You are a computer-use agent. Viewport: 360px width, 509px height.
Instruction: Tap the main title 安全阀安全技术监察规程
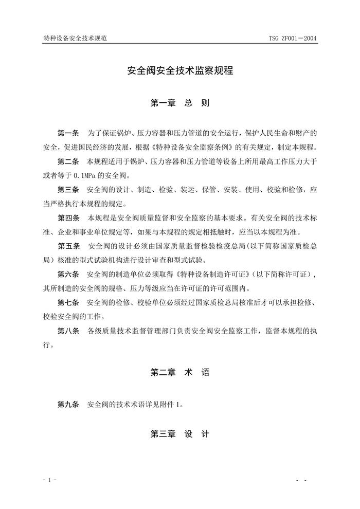(180, 71)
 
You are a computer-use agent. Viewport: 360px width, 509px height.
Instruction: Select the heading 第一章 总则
(180, 103)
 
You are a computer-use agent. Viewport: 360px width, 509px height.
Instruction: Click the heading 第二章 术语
(180, 373)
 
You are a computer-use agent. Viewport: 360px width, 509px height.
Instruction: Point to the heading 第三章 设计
(180, 434)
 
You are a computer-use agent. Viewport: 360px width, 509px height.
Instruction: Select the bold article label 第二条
(68, 161)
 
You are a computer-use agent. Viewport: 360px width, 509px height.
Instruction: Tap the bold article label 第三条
(68, 189)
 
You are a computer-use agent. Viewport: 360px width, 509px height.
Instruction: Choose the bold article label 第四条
(68, 217)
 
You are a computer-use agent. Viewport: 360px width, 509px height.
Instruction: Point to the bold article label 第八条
(68, 332)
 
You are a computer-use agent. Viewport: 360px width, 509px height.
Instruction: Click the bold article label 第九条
(68, 405)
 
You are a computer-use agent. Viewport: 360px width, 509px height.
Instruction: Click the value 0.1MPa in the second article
(85, 175)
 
